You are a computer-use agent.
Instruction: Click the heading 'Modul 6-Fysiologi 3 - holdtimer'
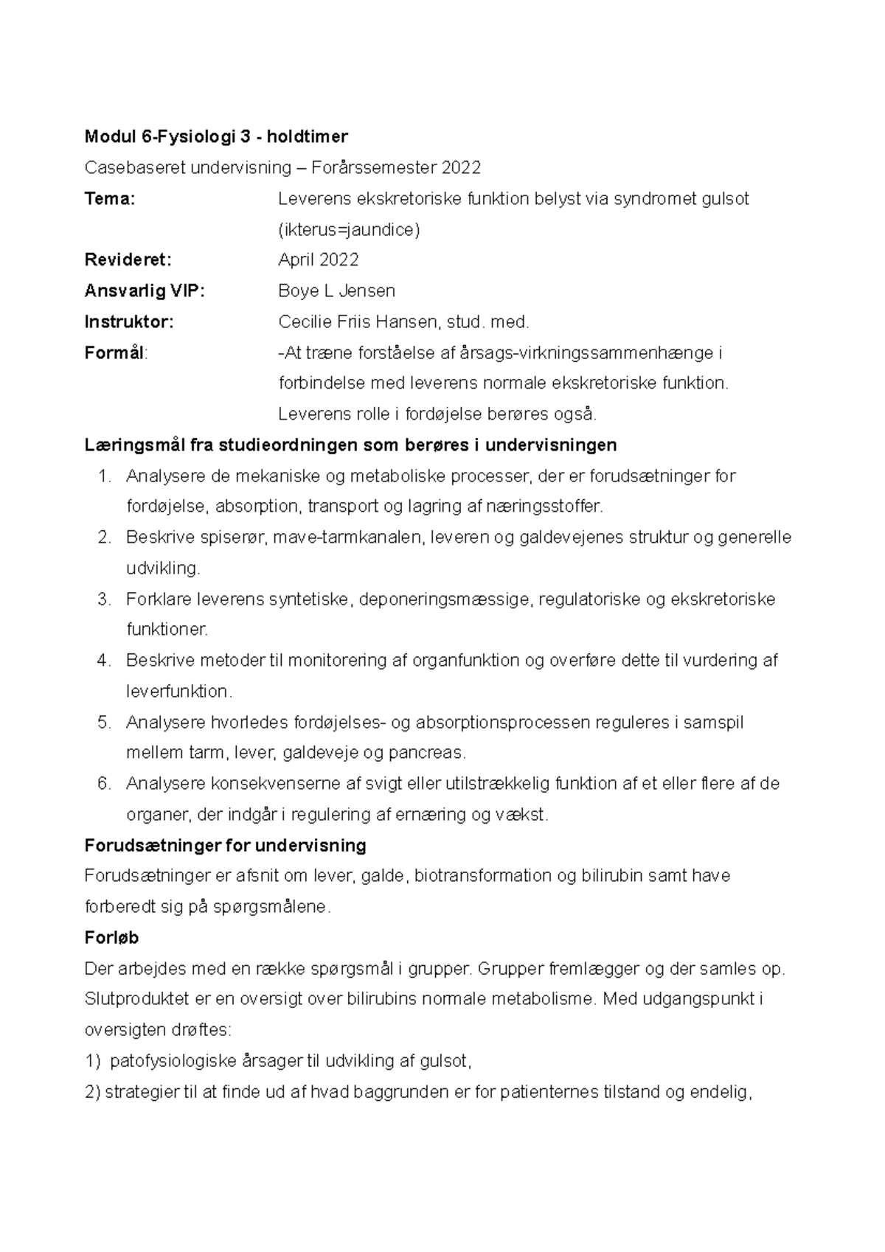coord(216,136)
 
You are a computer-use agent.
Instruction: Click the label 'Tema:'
coord(110,198)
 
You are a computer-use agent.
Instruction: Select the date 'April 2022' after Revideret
coord(318,260)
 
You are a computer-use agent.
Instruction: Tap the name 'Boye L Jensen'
coord(336,291)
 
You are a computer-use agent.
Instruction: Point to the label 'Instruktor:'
coord(129,321)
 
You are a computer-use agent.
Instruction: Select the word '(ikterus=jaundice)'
coord(349,229)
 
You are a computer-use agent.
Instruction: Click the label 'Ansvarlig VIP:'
coord(145,291)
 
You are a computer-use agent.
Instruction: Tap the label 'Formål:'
coord(116,352)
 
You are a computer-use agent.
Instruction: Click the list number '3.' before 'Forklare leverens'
coord(104,599)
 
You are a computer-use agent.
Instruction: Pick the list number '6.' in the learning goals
coord(104,783)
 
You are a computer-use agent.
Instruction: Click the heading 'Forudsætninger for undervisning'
coord(226,845)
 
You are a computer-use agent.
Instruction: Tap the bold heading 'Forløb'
coord(111,938)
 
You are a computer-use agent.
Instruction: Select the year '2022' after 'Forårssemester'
coord(461,167)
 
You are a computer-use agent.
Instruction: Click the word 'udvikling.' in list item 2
coord(163,568)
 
